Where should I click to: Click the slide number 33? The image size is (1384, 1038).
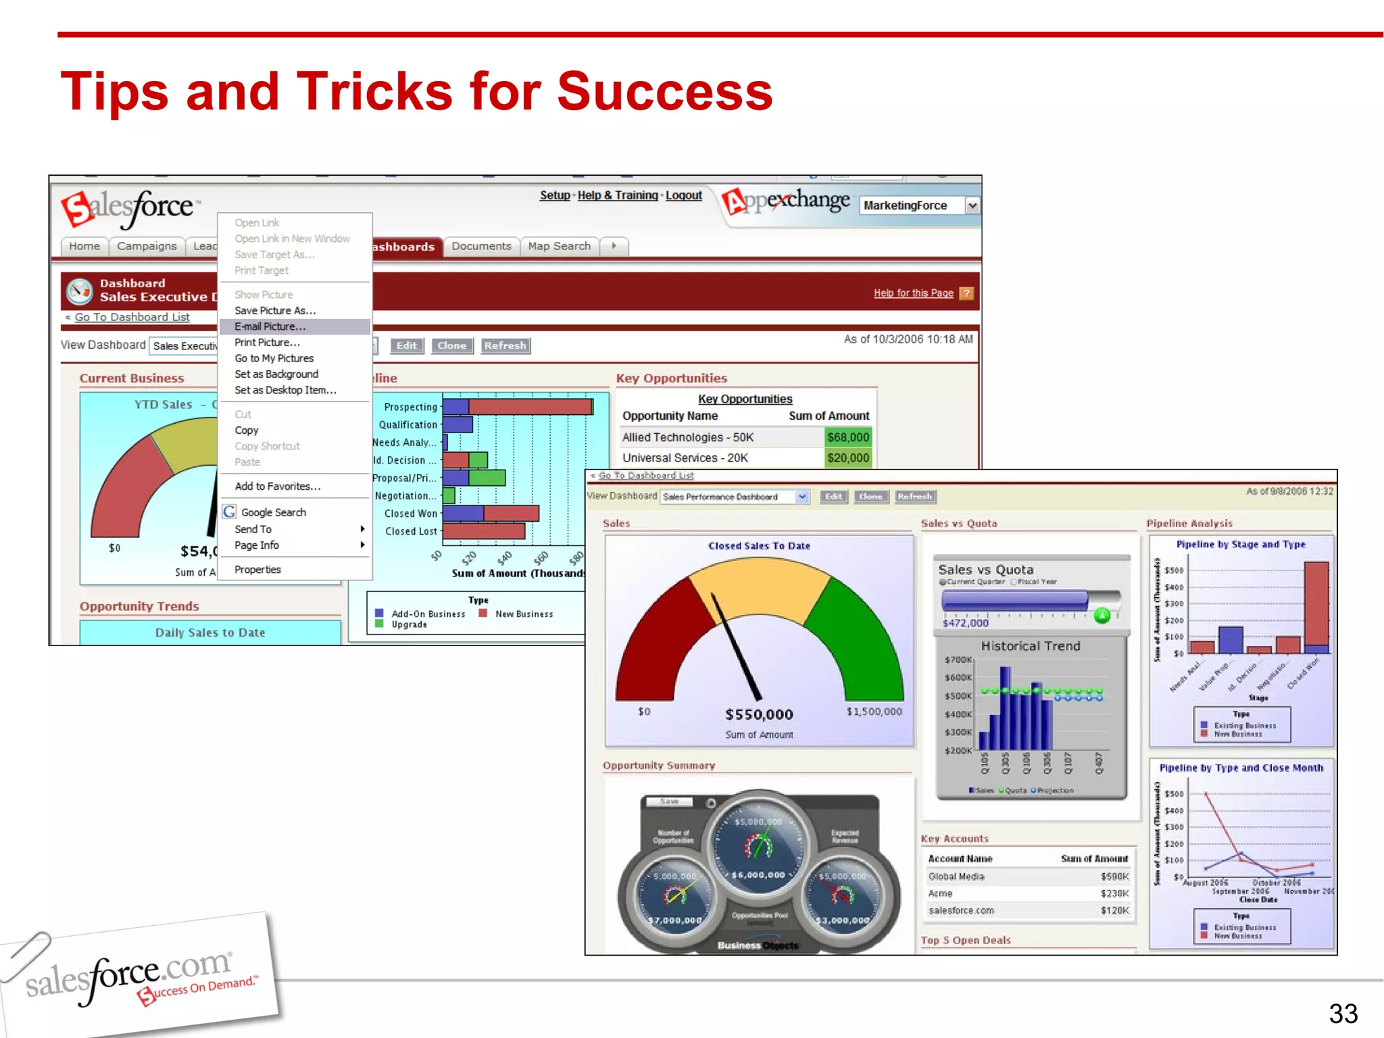(x=1343, y=1014)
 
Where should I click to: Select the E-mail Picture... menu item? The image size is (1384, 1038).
(x=270, y=326)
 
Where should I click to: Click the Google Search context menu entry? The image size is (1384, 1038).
(x=273, y=512)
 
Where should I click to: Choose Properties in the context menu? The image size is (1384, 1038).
(x=257, y=570)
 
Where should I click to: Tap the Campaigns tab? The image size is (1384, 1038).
(x=147, y=246)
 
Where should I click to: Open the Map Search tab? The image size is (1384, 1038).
(x=559, y=246)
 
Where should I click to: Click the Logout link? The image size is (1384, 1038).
(x=683, y=195)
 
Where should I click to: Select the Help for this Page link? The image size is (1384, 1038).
(x=913, y=293)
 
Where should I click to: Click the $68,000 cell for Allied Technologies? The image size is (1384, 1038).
(x=847, y=437)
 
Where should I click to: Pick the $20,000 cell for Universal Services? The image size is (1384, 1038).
(x=847, y=458)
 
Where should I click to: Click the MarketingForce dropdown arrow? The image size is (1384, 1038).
(x=972, y=205)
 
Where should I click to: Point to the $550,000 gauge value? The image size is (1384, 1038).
(x=759, y=714)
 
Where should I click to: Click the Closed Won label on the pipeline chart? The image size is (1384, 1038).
(x=411, y=514)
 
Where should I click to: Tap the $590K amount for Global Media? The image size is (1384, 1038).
(x=1114, y=876)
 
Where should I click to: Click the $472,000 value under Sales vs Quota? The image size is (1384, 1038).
(x=965, y=623)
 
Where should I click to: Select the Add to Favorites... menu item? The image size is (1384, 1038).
(x=277, y=487)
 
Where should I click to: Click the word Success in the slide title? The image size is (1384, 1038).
(x=664, y=91)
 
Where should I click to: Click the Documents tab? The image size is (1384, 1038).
(x=481, y=246)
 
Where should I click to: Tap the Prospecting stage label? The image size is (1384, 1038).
(x=410, y=407)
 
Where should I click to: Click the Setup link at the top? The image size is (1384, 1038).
(x=555, y=195)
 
